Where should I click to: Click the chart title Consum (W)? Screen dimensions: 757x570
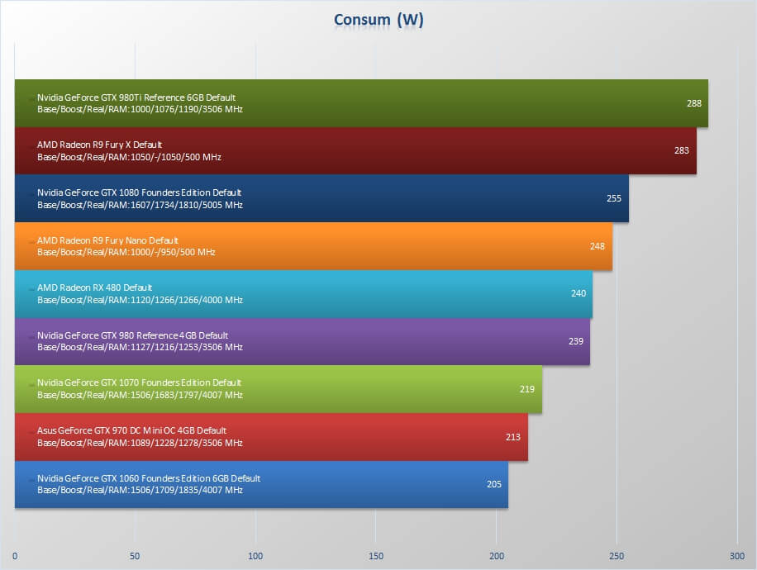click(378, 20)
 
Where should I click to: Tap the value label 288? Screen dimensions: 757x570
click(693, 103)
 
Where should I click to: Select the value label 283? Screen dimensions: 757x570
click(681, 150)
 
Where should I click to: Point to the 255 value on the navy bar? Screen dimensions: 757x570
click(613, 198)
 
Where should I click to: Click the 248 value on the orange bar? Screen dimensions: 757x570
click(597, 246)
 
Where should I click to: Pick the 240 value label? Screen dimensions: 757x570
click(578, 293)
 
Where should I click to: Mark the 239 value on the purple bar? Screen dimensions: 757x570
click(575, 341)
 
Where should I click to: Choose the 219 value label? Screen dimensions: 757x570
click(526, 389)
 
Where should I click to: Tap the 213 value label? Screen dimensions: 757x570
click(512, 437)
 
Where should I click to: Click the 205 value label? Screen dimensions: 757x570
click(493, 484)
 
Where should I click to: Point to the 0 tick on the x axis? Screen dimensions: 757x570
click(15, 556)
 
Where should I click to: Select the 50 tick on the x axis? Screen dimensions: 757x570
click(135, 556)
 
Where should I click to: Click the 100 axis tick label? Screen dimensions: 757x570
click(255, 556)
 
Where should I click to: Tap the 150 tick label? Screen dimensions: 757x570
click(375, 556)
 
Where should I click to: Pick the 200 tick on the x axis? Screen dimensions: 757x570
click(497, 556)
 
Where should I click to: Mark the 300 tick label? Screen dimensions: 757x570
click(736, 556)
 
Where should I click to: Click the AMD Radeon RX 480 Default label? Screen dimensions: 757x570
click(94, 287)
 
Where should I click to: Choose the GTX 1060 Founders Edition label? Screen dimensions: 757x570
click(149, 478)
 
